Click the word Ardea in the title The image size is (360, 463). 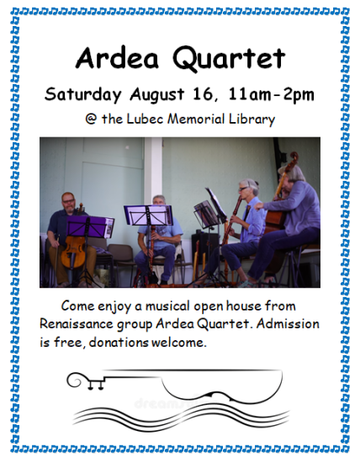click(117, 57)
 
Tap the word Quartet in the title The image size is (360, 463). click(229, 59)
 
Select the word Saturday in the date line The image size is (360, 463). click(83, 95)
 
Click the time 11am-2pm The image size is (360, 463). click(271, 94)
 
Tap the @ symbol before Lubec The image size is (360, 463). click(91, 119)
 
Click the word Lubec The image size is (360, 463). click(145, 119)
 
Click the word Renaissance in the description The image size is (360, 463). click(77, 324)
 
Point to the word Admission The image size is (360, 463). click(288, 323)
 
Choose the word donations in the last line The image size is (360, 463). click(119, 343)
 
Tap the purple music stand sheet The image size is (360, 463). click(90, 226)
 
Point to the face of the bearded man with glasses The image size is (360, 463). click(68, 203)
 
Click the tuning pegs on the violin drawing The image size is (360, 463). click(96, 385)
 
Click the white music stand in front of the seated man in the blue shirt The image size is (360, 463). click(149, 215)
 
